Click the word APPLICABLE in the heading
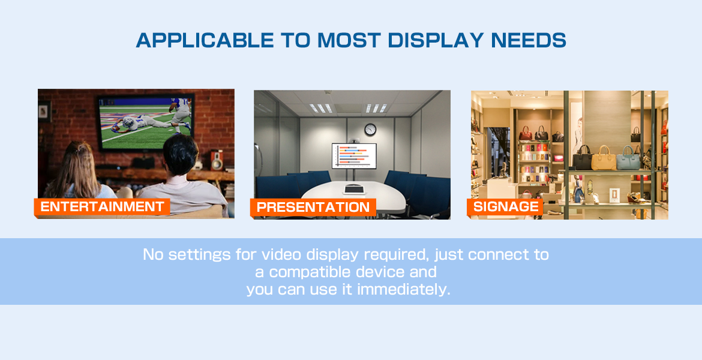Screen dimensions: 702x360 pyautogui.click(x=205, y=40)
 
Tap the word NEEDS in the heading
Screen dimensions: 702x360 pyautogui.click(x=529, y=40)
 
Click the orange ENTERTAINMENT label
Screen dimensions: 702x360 pyautogui.click(x=102, y=207)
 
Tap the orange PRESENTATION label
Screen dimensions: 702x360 pyautogui.click(x=313, y=208)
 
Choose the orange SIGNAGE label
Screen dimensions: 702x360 pyautogui.click(x=505, y=207)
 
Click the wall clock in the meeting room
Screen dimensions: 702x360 pyautogui.click(x=370, y=130)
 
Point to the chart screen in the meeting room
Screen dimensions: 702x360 pyautogui.click(x=353, y=156)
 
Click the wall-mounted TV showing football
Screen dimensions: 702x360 pyautogui.click(x=146, y=122)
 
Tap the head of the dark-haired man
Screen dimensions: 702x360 pyautogui.click(x=180, y=155)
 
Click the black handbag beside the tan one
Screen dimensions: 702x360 pyautogui.click(x=582, y=158)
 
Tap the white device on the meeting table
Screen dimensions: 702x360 pyautogui.click(x=353, y=190)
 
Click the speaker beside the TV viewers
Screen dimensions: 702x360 pyautogui.click(x=217, y=160)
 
